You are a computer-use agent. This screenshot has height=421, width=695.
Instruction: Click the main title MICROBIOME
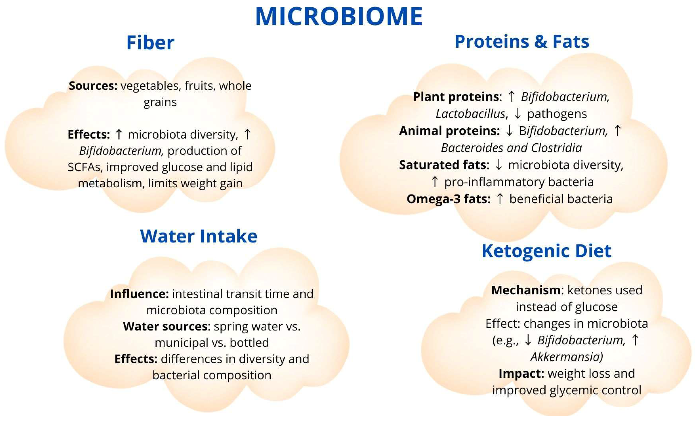[x=339, y=16]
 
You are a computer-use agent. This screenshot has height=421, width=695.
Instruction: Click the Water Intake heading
[x=199, y=236]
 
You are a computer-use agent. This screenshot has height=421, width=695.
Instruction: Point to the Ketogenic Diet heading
[x=546, y=251]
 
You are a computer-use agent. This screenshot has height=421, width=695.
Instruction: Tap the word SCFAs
[x=85, y=167]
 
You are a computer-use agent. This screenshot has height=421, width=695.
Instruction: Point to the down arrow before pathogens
[x=518, y=114]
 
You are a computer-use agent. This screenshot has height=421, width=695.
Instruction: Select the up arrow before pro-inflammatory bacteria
[x=435, y=182]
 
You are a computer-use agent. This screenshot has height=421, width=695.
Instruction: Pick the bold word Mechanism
[x=526, y=290]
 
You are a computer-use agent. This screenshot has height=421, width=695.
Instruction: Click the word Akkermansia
[x=566, y=357]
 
